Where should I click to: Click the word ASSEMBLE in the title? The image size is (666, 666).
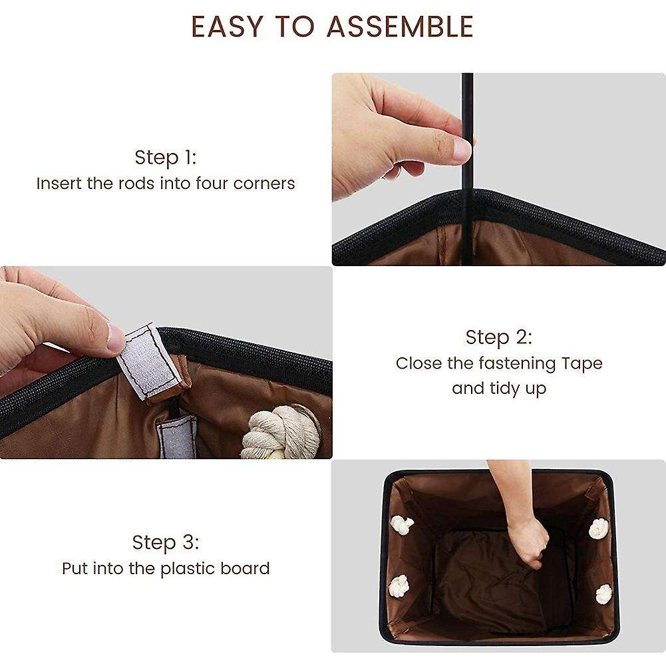pyautogui.click(x=400, y=27)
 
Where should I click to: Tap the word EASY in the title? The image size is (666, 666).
pyautogui.click(x=227, y=27)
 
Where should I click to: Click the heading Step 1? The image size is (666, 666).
pyautogui.click(x=166, y=158)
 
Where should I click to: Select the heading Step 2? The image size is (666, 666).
pyautogui.click(x=498, y=337)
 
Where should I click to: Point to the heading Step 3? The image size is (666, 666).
pyautogui.click(x=166, y=542)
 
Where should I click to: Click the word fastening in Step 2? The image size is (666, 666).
pyautogui.click(x=517, y=364)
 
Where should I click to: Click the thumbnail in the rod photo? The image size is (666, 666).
pyautogui.click(x=462, y=150)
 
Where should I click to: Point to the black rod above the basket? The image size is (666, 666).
pyautogui.click(x=467, y=169)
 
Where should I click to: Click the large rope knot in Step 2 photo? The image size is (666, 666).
pyautogui.click(x=281, y=432)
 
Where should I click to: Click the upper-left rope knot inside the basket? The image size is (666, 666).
pyautogui.click(x=402, y=525)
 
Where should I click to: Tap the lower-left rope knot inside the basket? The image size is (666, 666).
pyautogui.click(x=399, y=586)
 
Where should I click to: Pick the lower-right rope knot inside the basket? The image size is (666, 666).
pyautogui.click(x=603, y=593)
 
